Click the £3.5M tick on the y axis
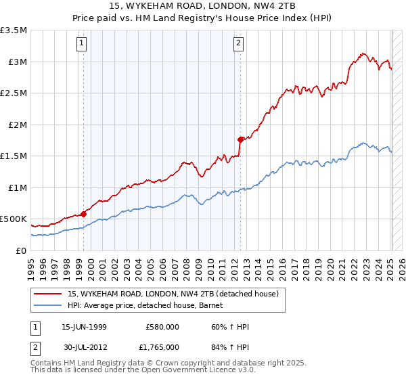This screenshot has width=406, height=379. tap(14, 30)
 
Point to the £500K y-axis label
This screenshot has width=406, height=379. tap(14, 219)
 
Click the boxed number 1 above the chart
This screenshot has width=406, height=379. tap(82, 44)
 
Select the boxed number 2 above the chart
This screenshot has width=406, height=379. tap(239, 44)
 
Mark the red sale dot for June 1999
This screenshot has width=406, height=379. tap(84, 214)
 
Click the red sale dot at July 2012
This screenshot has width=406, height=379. tap(240, 139)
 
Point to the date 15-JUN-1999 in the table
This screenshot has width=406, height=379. tap(84, 327)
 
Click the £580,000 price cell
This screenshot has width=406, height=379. tap(162, 327)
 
